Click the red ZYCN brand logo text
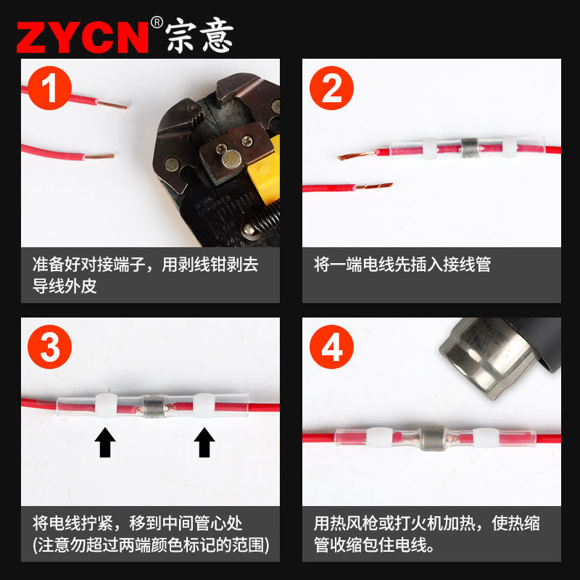tap(81, 36)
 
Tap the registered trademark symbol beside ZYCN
tap(157, 22)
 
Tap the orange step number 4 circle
tap(331, 349)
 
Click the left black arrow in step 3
tap(107, 442)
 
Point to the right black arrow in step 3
tap(205, 442)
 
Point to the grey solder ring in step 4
tap(434, 438)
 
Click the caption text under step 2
tap(402, 264)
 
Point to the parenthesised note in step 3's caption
tap(150, 544)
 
